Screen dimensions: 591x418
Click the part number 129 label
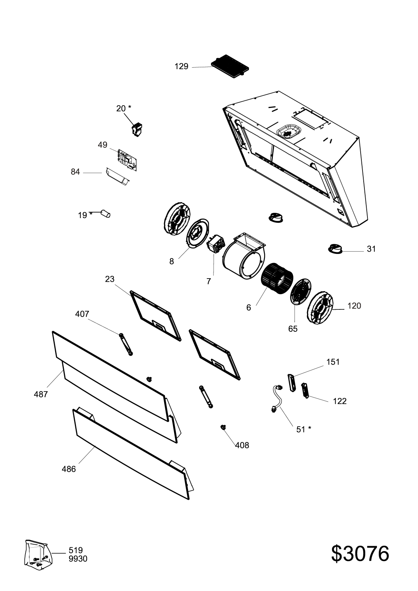point(181,67)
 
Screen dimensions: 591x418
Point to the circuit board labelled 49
point(126,158)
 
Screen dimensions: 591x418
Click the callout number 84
point(75,172)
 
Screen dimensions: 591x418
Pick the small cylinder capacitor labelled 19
point(106,214)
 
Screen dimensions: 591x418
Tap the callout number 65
point(293,329)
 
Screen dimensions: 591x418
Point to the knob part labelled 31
point(335,249)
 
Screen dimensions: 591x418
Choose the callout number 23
point(109,279)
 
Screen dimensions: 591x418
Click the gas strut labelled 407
point(126,344)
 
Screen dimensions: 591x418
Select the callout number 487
point(41,394)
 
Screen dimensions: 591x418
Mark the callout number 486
point(69,469)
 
